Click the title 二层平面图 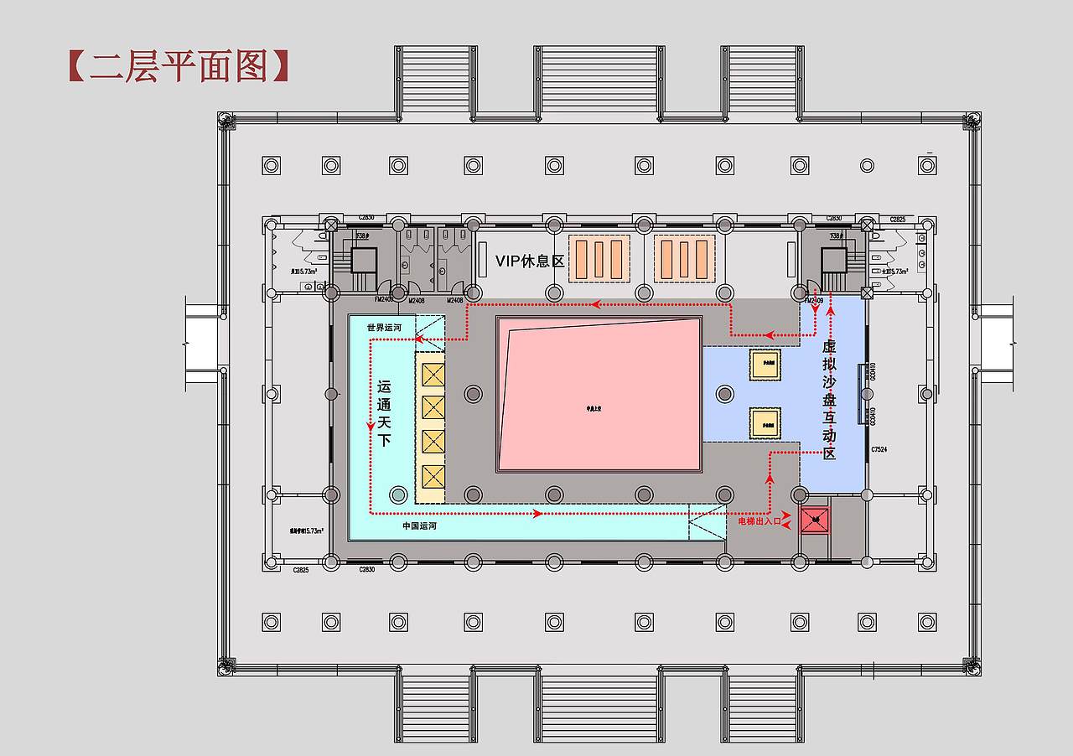click(178, 66)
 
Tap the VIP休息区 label click(529, 261)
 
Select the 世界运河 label click(385, 327)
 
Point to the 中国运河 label click(419, 526)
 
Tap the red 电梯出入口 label click(759, 521)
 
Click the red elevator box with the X click(814, 520)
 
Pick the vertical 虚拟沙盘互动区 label click(829, 400)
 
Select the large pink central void click(599, 395)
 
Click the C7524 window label click(879, 450)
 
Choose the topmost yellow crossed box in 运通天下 click(433, 374)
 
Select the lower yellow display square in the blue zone click(765, 423)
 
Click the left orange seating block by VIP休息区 click(599, 258)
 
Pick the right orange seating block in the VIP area click(684, 258)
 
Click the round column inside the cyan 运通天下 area click(398, 495)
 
